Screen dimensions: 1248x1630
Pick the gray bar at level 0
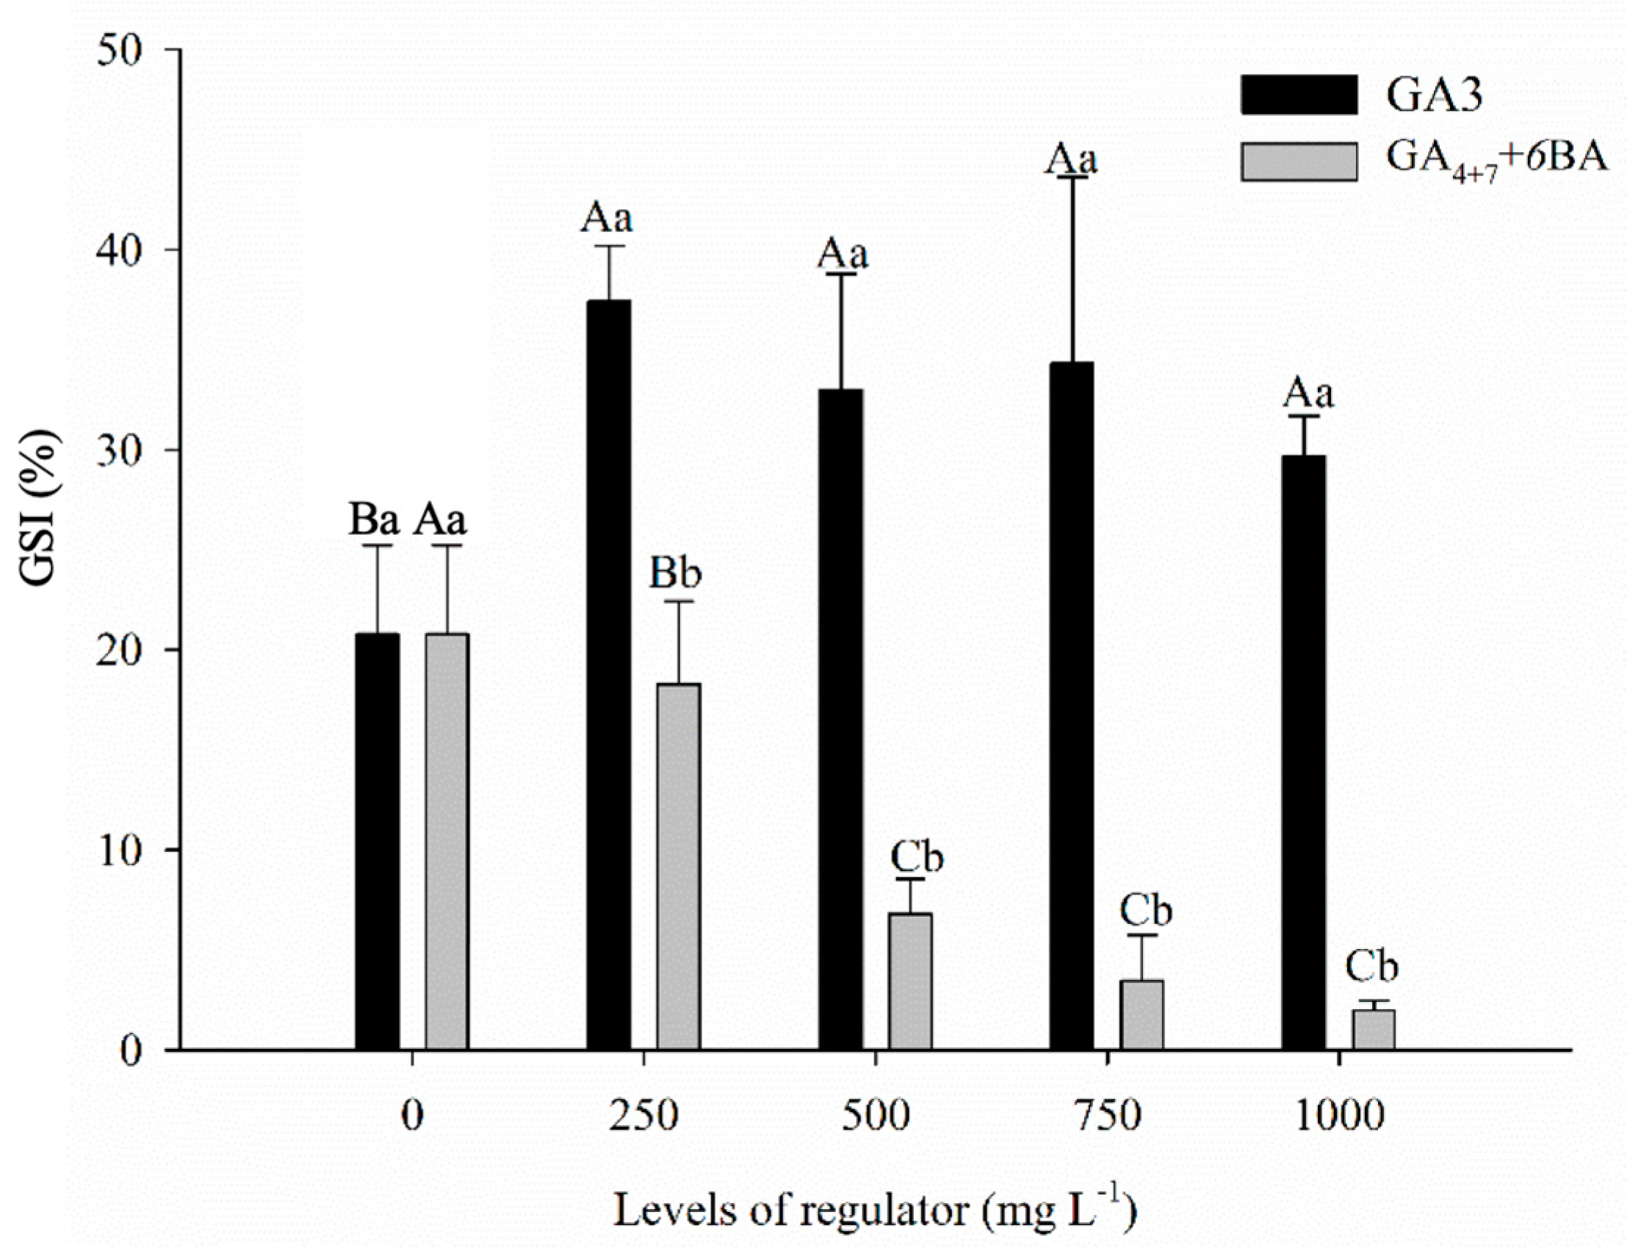pyautogui.click(x=447, y=840)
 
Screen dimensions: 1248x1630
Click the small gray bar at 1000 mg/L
pyautogui.click(x=1373, y=1029)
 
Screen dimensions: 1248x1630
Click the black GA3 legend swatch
pyautogui.click(x=1299, y=94)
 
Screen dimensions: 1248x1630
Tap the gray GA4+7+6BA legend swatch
pyautogui.click(x=1299, y=161)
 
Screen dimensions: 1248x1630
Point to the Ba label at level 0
pyautogui.click(x=375, y=521)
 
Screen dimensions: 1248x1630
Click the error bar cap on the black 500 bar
pyautogui.click(x=840, y=274)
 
